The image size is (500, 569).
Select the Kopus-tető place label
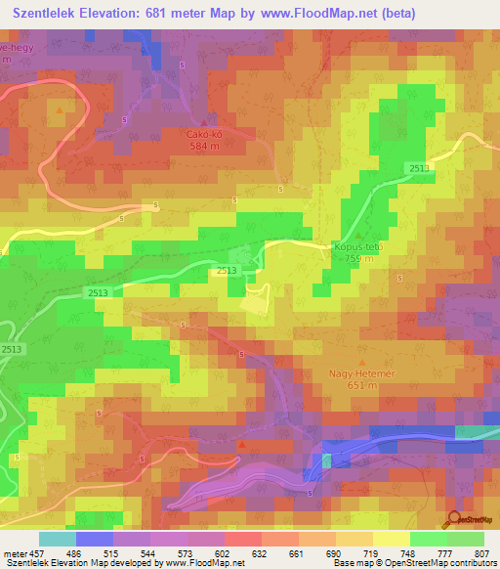click(x=358, y=247)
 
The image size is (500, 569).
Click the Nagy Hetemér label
click(x=354, y=372)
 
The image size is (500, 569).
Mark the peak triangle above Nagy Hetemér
click(x=355, y=361)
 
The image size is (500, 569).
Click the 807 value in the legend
click(x=483, y=552)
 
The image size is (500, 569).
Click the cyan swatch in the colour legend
click(x=58, y=539)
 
